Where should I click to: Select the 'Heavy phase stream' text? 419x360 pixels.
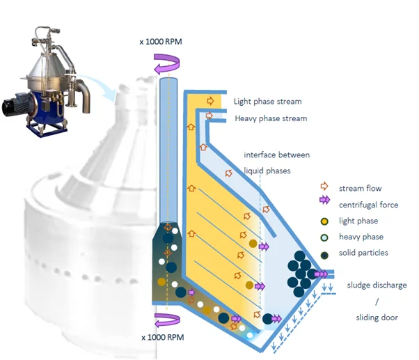coord(271,118)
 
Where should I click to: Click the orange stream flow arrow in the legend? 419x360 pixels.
coord(323,188)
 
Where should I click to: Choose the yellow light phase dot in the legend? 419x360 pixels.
coord(323,221)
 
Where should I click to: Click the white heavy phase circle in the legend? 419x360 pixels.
coord(323,237)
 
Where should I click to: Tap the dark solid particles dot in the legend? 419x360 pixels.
coord(323,252)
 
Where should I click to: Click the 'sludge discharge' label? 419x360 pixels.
coord(377,285)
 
